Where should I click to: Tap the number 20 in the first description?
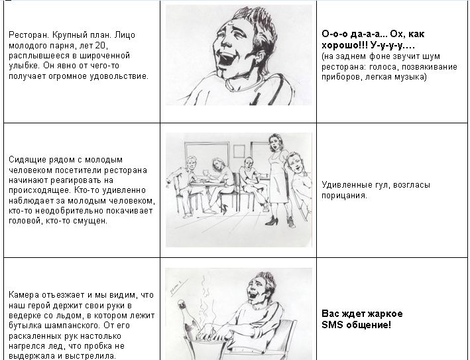pyautogui.click(x=100, y=46)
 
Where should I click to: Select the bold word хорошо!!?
pyautogui.click(x=345, y=46)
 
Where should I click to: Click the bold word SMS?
pyautogui.click(x=332, y=325)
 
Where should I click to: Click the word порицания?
pyautogui.click(x=345, y=196)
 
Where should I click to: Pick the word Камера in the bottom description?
pyautogui.click(x=24, y=295)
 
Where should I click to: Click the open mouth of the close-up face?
pyautogui.click(x=224, y=60)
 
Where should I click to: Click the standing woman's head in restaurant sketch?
pyautogui.click(x=275, y=143)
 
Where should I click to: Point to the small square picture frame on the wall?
pyautogui.click(x=239, y=151)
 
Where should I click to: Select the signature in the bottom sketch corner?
pyautogui.click(x=177, y=286)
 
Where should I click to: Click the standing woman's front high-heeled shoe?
pyautogui.click(x=272, y=220)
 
